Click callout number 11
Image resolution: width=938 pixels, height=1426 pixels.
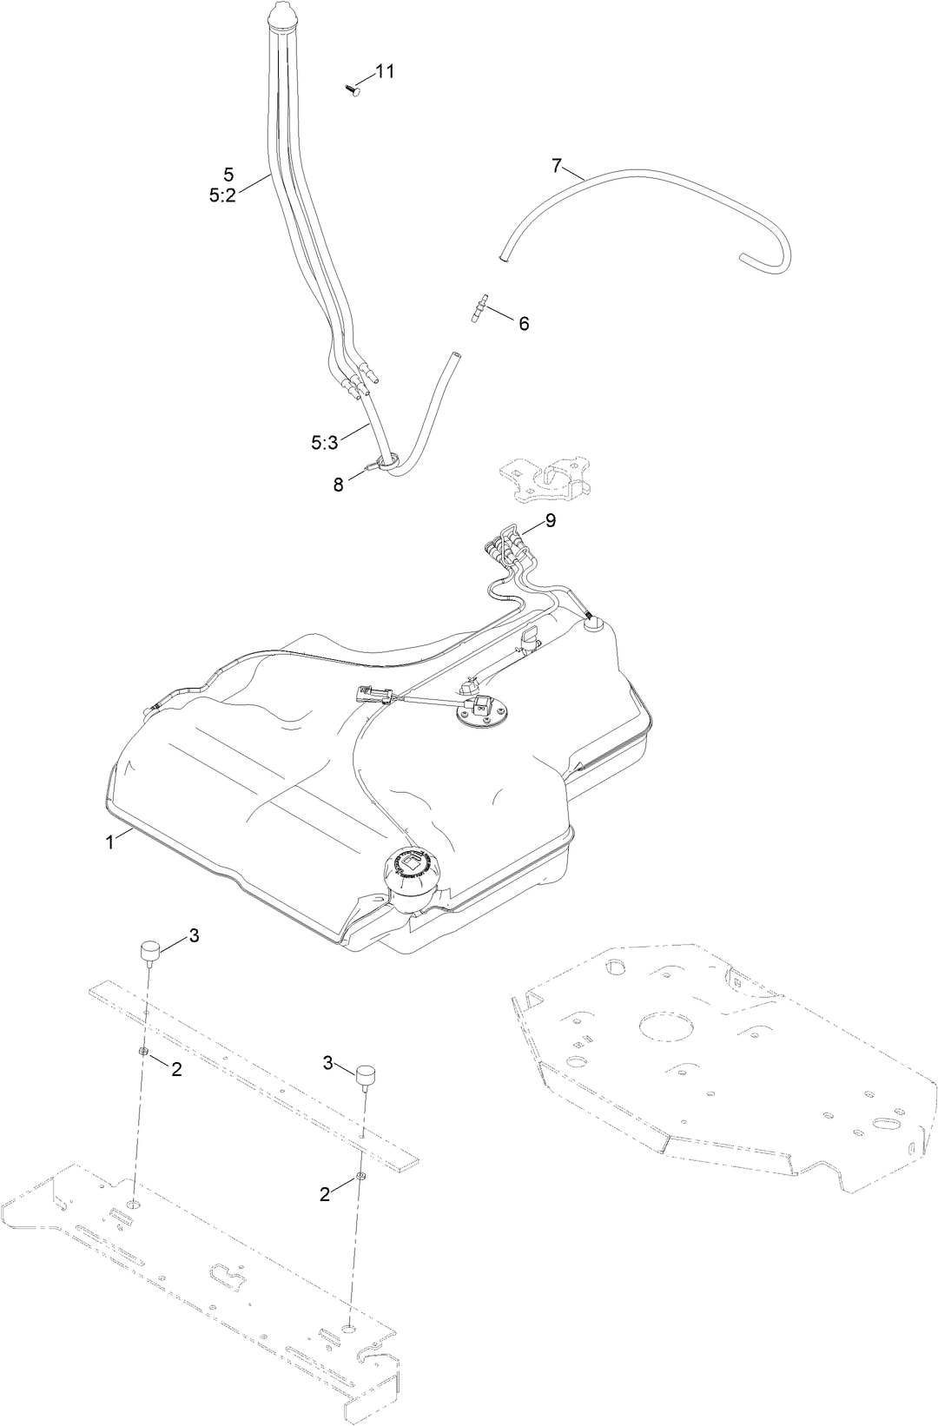(385, 71)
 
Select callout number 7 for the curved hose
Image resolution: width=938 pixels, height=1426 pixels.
(557, 164)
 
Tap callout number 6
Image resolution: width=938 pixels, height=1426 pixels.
(524, 324)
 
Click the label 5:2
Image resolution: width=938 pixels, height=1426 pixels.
(222, 196)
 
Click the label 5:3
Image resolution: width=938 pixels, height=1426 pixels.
(324, 443)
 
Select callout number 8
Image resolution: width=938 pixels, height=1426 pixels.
(339, 485)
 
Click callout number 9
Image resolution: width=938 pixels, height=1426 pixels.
(550, 520)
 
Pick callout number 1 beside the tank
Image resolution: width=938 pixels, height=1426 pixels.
(110, 842)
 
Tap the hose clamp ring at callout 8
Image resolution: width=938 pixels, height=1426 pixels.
(387, 463)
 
